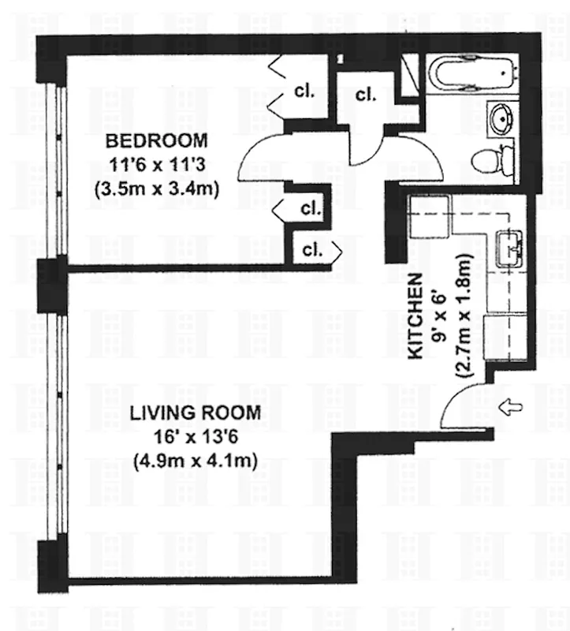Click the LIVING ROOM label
pos(196,413)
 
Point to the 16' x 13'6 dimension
pos(196,436)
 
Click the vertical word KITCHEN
pos(418,315)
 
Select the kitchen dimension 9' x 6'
pos(440,315)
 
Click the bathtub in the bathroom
pos(470,75)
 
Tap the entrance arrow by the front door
pos(512,407)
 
